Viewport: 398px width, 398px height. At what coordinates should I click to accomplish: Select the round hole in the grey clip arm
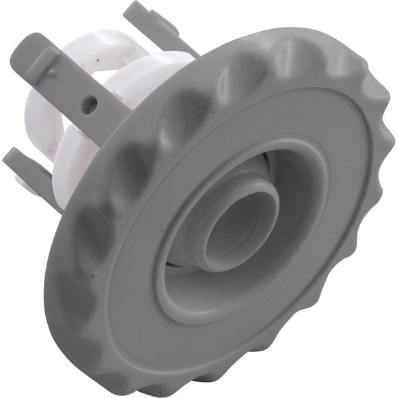coord(90,104)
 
